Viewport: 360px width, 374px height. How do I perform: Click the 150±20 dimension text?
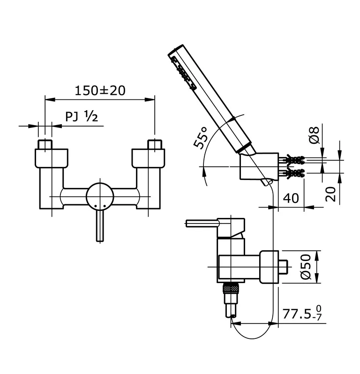click(100, 90)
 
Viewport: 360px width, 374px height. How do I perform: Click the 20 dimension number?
click(331, 194)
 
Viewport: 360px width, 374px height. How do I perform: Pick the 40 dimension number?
click(291, 198)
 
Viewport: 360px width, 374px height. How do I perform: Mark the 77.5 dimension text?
click(299, 314)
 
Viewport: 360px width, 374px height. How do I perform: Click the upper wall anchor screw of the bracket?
click(292, 159)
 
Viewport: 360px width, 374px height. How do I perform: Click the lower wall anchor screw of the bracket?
click(292, 174)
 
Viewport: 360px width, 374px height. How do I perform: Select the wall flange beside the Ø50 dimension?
click(268, 267)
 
